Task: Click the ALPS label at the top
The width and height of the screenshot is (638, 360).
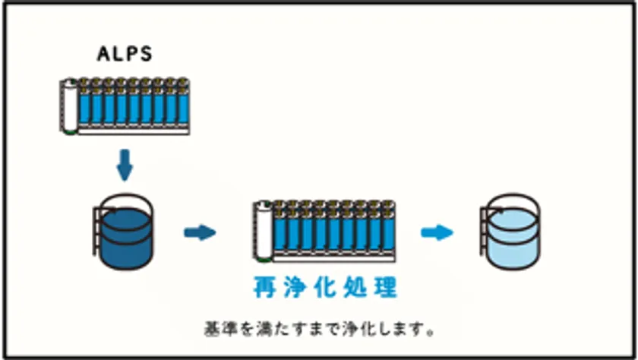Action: (x=126, y=54)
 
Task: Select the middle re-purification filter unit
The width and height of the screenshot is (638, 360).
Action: (x=326, y=228)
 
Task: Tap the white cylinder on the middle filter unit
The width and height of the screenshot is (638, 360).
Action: (x=264, y=228)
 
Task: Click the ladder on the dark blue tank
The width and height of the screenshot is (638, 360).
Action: (x=95, y=232)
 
